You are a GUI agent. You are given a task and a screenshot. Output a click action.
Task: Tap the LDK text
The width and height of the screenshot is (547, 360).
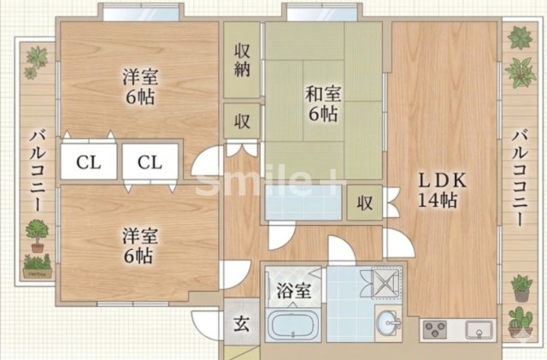point(440,182)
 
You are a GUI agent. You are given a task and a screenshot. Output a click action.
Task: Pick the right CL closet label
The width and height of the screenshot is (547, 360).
point(150,162)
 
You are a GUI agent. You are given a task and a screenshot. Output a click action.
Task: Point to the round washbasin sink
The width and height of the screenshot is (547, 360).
point(390,322)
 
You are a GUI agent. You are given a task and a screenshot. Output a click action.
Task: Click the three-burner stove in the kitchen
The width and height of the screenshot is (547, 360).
point(436,328)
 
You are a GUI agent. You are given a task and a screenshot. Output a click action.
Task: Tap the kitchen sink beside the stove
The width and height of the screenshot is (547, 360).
point(477,328)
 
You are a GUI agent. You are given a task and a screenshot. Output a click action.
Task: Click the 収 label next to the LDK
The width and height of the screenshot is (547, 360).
point(365,204)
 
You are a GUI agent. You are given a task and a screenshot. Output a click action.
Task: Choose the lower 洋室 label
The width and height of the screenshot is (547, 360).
point(137,244)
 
